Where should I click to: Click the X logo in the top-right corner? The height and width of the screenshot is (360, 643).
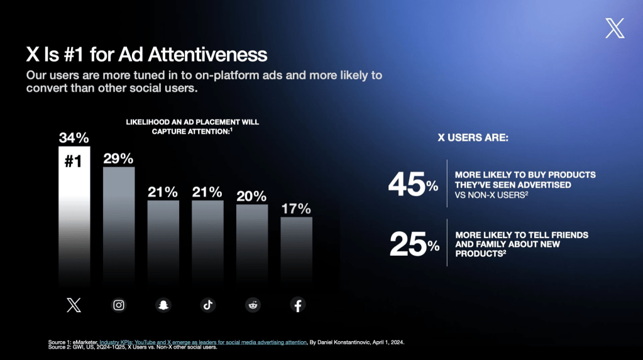pyautogui.click(x=615, y=28)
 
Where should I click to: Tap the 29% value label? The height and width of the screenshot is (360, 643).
pyautogui.click(x=119, y=158)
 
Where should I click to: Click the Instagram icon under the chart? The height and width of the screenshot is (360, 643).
pyautogui.click(x=119, y=305)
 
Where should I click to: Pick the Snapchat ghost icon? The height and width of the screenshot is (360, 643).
pyautogui.click(x=163, y=305)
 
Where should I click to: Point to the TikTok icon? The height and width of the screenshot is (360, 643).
pyautogui.click(x=208, y=305)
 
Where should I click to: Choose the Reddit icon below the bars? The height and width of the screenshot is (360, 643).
pyautogui.click(x=253, y=305)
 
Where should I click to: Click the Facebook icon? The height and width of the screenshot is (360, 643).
pyautogui.click(x=297, y=305)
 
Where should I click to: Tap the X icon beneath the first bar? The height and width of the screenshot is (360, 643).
pyautogui.click(x=74, y=305)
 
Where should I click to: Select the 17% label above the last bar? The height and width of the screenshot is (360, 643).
pyautogui.click(x=297, y=209)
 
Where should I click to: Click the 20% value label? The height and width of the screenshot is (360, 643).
pyautogui.click(x=252, y=196)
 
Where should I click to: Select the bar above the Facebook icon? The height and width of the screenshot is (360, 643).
pyautogui.click(x=297, y=251)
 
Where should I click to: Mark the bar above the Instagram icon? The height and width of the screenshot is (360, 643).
pyautogui.click(x=119, y=226)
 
